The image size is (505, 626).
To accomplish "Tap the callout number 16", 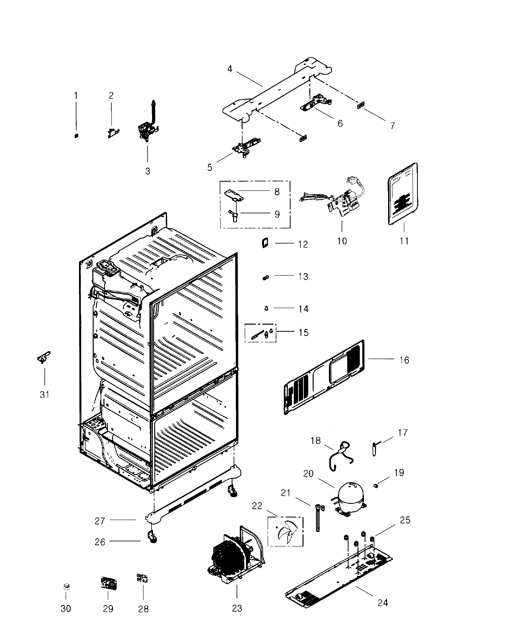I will point(404,360).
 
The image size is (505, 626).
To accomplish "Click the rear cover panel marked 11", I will point(403,194).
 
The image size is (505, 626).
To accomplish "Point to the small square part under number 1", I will point(76,136).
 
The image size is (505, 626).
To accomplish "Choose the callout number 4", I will point(230,69).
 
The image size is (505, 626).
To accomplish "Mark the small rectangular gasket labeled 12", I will point(265,243).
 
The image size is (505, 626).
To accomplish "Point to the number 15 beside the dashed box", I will point(303,332).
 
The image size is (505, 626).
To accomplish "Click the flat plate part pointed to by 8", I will point(234,195).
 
